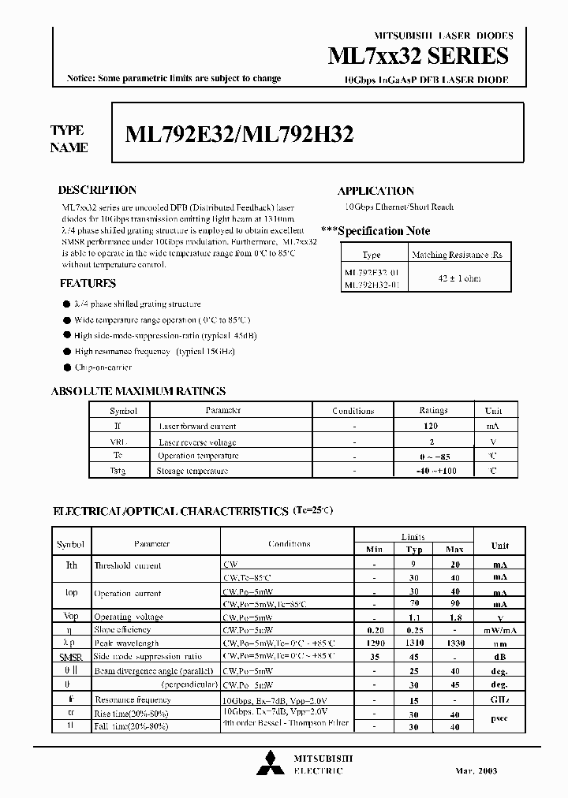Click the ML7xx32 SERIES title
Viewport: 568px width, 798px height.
tap(417, 56)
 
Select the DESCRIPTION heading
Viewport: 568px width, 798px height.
tap(98, 190)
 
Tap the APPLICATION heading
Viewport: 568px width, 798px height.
tap(376, 191)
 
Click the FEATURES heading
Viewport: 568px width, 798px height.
tap(88, 283)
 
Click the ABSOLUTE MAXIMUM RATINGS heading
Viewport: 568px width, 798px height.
tap(138, 391)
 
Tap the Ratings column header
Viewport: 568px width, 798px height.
tap(433, 411)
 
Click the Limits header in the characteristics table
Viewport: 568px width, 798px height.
tap(413, 536)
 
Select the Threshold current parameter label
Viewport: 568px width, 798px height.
tap(127, 565)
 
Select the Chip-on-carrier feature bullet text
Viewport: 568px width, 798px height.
tap(103, 367)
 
